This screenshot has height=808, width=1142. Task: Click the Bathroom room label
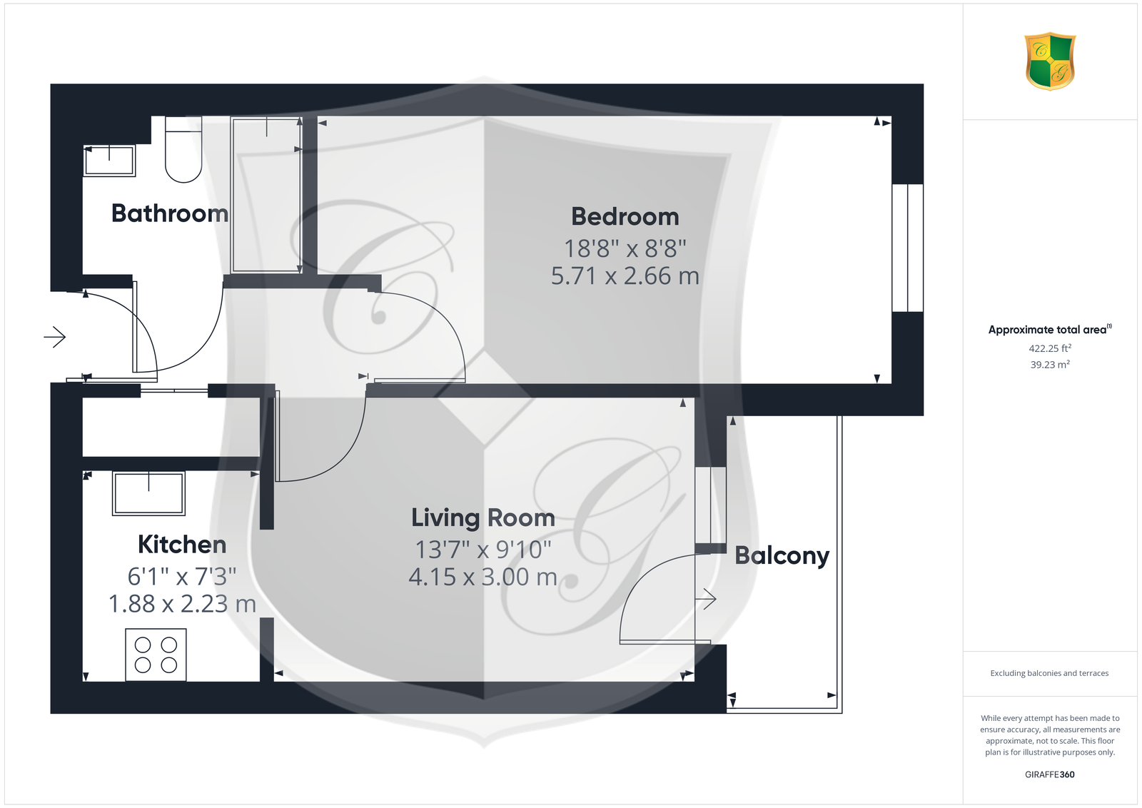pos(170,213)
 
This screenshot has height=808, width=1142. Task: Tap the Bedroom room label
pos(625,217)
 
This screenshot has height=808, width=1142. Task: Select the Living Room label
pos(482,518)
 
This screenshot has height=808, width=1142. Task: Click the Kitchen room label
pos(182,545)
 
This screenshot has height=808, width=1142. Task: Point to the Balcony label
pos(782,556)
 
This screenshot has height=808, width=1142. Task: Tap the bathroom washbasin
pos(109,161)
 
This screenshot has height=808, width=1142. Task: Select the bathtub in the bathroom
pos(266,195)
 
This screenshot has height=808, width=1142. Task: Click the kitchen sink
pos(148,493)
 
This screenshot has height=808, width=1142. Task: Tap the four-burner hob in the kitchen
pos(156,655)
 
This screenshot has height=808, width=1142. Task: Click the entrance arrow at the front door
pos(55,337)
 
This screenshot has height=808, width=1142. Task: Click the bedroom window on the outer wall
pos(907,248)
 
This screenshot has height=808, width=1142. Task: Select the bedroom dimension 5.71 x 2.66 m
pos(625,276)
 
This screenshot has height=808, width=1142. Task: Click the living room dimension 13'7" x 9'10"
pos(482,550)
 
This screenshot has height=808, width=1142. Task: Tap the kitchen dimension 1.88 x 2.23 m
pos(182,604)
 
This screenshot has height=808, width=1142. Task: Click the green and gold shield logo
pos(1050,61)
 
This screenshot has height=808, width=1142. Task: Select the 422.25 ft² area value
pos(1050,349)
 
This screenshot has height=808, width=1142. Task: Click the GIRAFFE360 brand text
pos(1050,774)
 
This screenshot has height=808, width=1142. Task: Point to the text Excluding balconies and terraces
pos(1049,673)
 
